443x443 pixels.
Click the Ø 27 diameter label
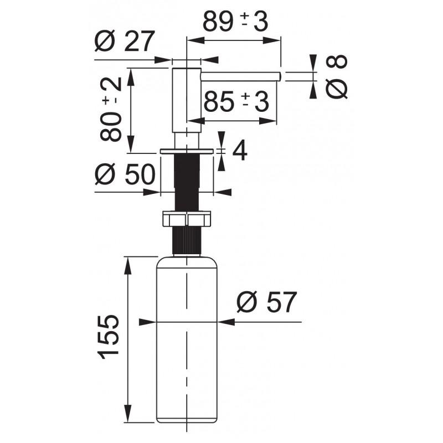tap(125, 41)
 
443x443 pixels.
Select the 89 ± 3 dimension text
tap(235, 22)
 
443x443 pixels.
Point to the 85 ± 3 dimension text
tap(236, 102)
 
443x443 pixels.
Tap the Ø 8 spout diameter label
tap(336, 76)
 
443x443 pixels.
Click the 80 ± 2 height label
tap(111, 109)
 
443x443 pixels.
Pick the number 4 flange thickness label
tap(240, 151)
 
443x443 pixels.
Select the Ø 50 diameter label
tap(125, 174)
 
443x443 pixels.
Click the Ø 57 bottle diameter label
tap(267, 302)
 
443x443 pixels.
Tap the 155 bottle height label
tap(108, 337)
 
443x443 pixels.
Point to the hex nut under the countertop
tap(187, 219)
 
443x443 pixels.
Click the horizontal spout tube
tap(241, 76)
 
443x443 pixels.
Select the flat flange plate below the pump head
tap(187, 151)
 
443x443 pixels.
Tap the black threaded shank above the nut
tap(187, 182)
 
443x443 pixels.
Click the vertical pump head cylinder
tap(187, 100)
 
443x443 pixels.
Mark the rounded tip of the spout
tap(280, 76)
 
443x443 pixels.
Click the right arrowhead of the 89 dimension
tap(271, 40)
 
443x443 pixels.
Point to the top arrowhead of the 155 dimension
tap(128, 265)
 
